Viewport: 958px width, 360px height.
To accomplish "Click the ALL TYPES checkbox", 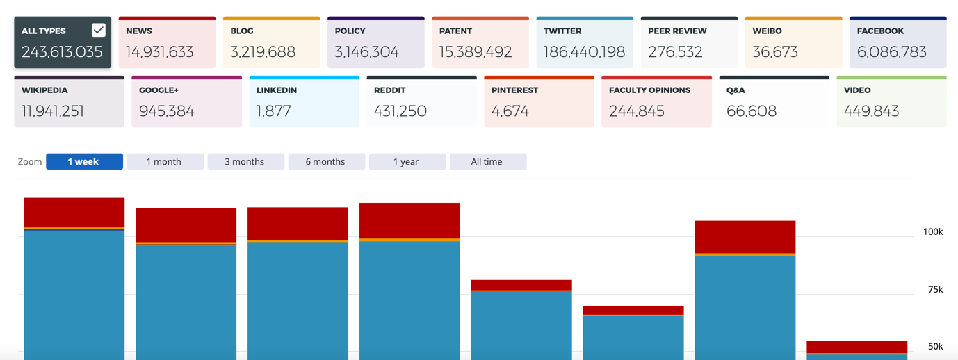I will point(99,30).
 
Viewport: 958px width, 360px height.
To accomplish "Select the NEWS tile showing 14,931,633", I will point(167,42).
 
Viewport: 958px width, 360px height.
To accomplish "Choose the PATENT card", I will point(480,42).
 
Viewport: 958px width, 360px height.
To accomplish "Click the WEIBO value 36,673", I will point(775,52).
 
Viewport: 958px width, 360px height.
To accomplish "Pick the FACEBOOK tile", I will point(898,42).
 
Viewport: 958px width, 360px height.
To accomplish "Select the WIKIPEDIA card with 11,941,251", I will point(69,101).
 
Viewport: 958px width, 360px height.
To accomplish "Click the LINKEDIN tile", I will point(304,101).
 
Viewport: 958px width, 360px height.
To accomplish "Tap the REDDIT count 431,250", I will point(400,111).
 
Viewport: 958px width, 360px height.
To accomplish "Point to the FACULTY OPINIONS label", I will point(649,90).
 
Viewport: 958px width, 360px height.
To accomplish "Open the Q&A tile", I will point(774,101).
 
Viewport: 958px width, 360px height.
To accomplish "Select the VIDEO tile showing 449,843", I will point(891,101).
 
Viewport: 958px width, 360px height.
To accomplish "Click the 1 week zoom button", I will point(84,161).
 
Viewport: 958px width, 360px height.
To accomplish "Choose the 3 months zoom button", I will point(245,161).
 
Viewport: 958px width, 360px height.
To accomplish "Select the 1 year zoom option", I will point(407,161).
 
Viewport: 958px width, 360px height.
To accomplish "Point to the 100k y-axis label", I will point(932,231).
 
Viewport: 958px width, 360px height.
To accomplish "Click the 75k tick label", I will point(935,289).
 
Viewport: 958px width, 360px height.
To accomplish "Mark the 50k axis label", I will point(935,346).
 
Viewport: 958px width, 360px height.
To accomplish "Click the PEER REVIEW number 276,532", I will point(674,52).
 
